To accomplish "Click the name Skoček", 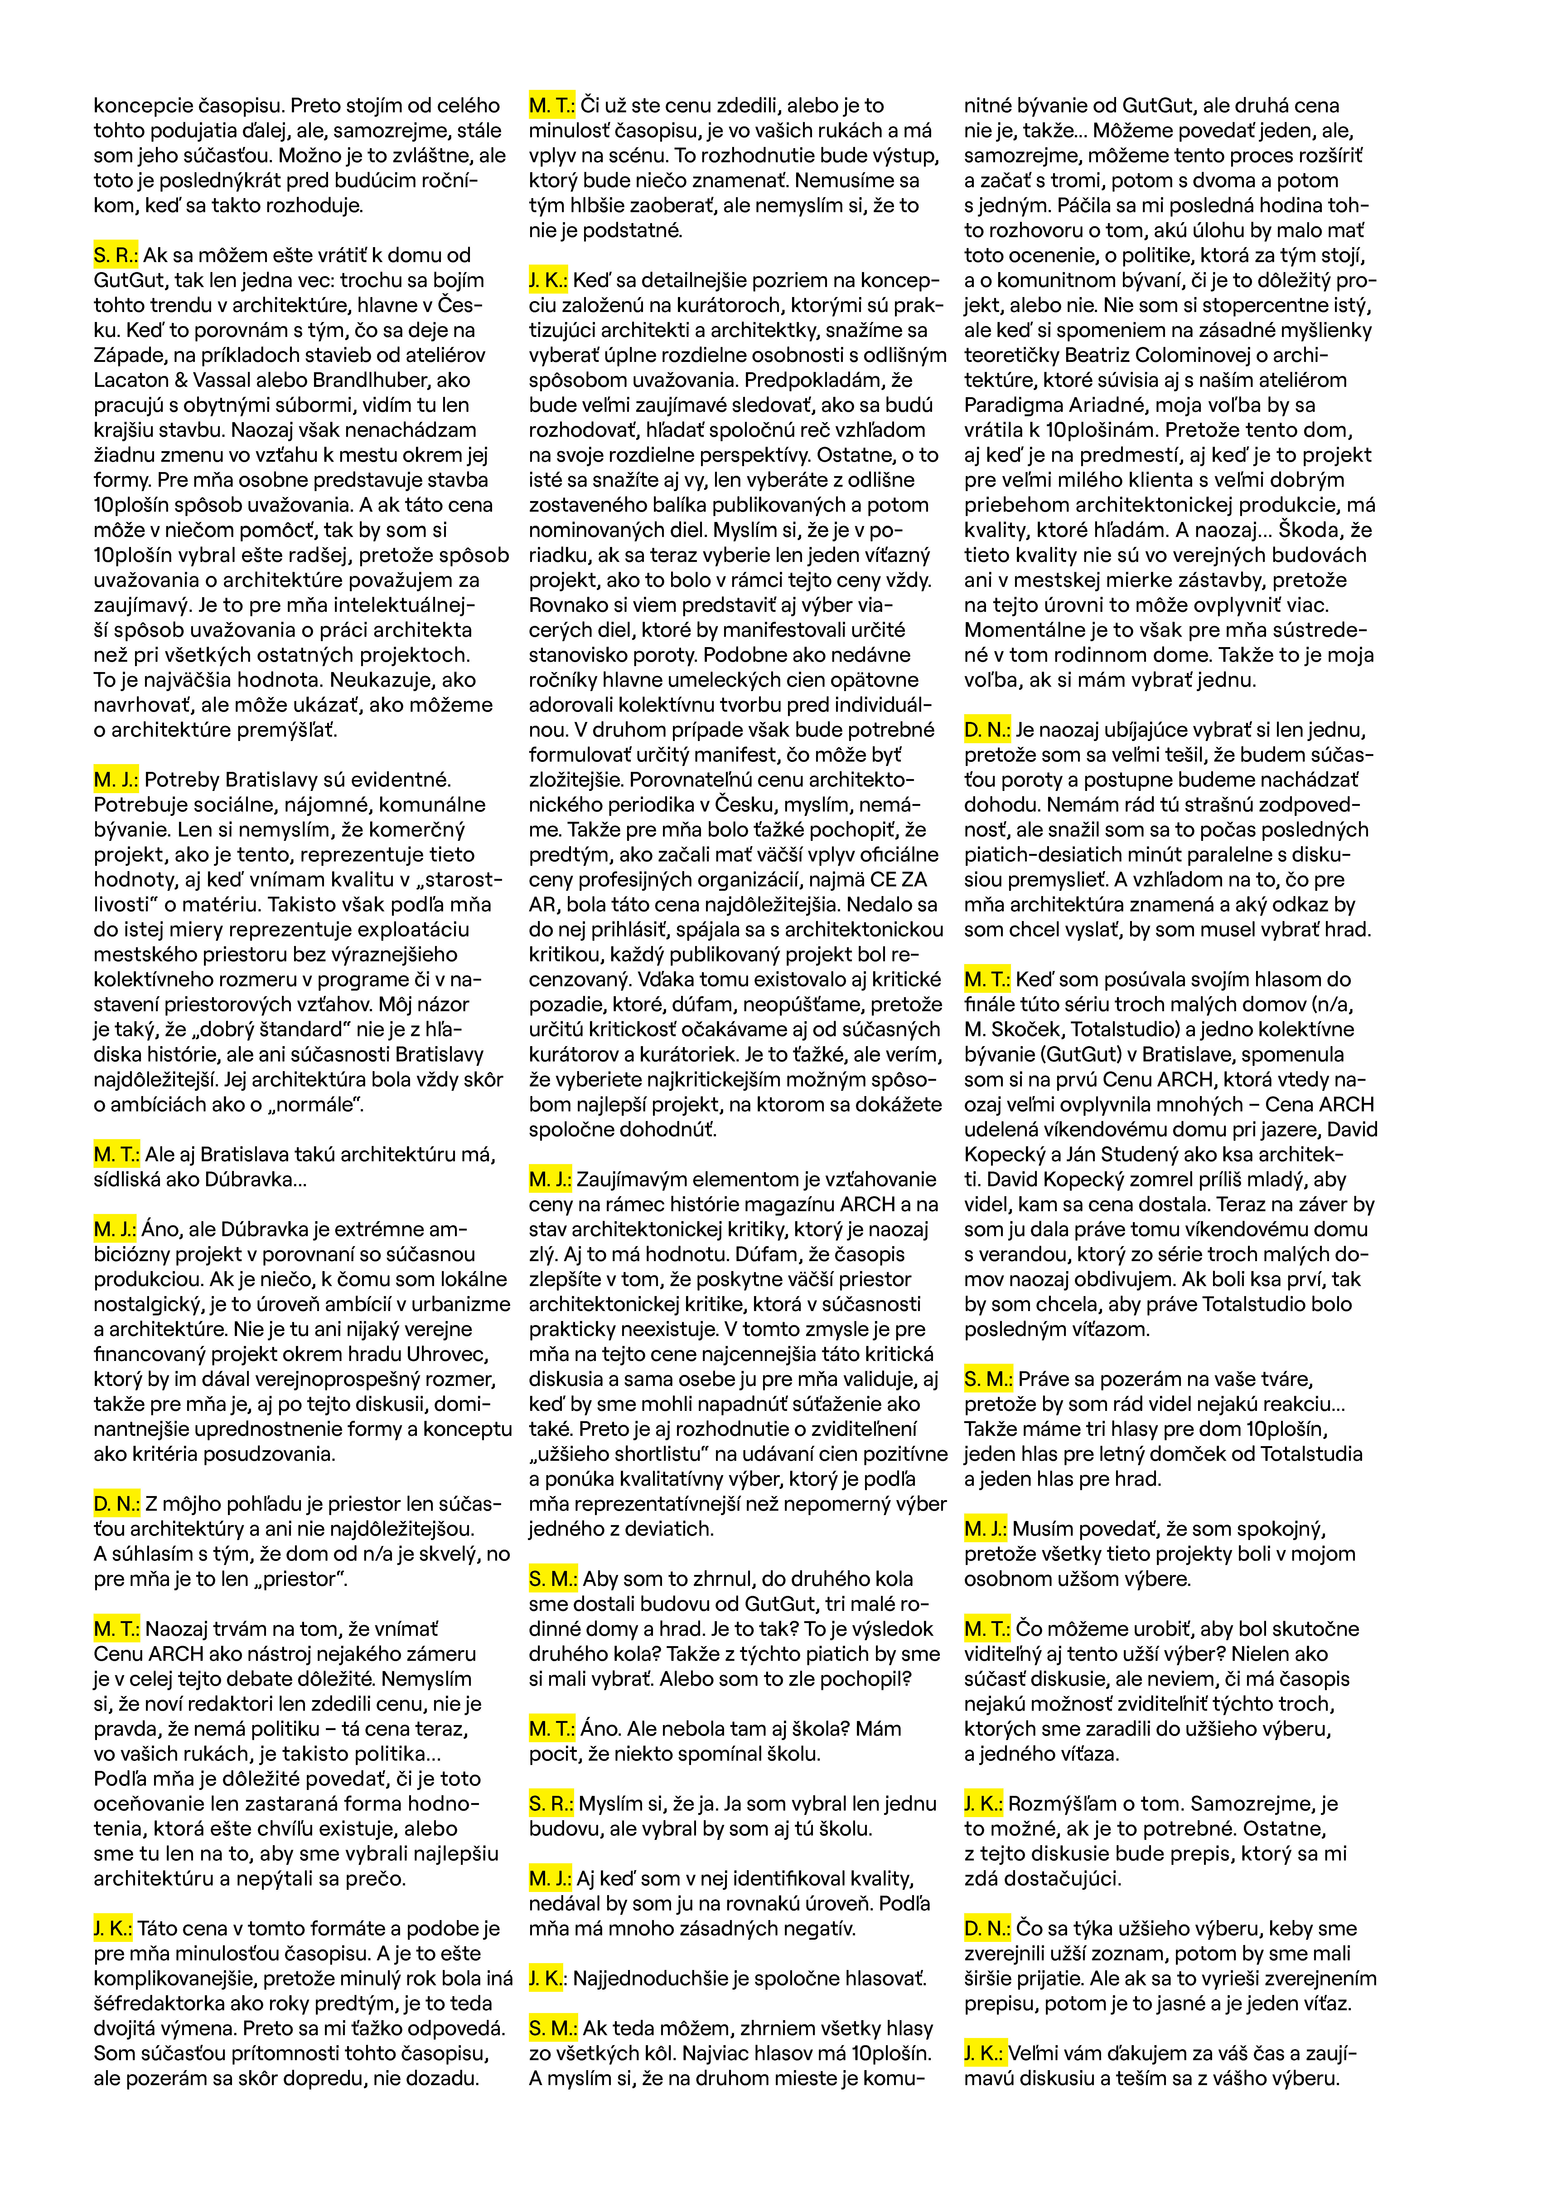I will [1041, 1030].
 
